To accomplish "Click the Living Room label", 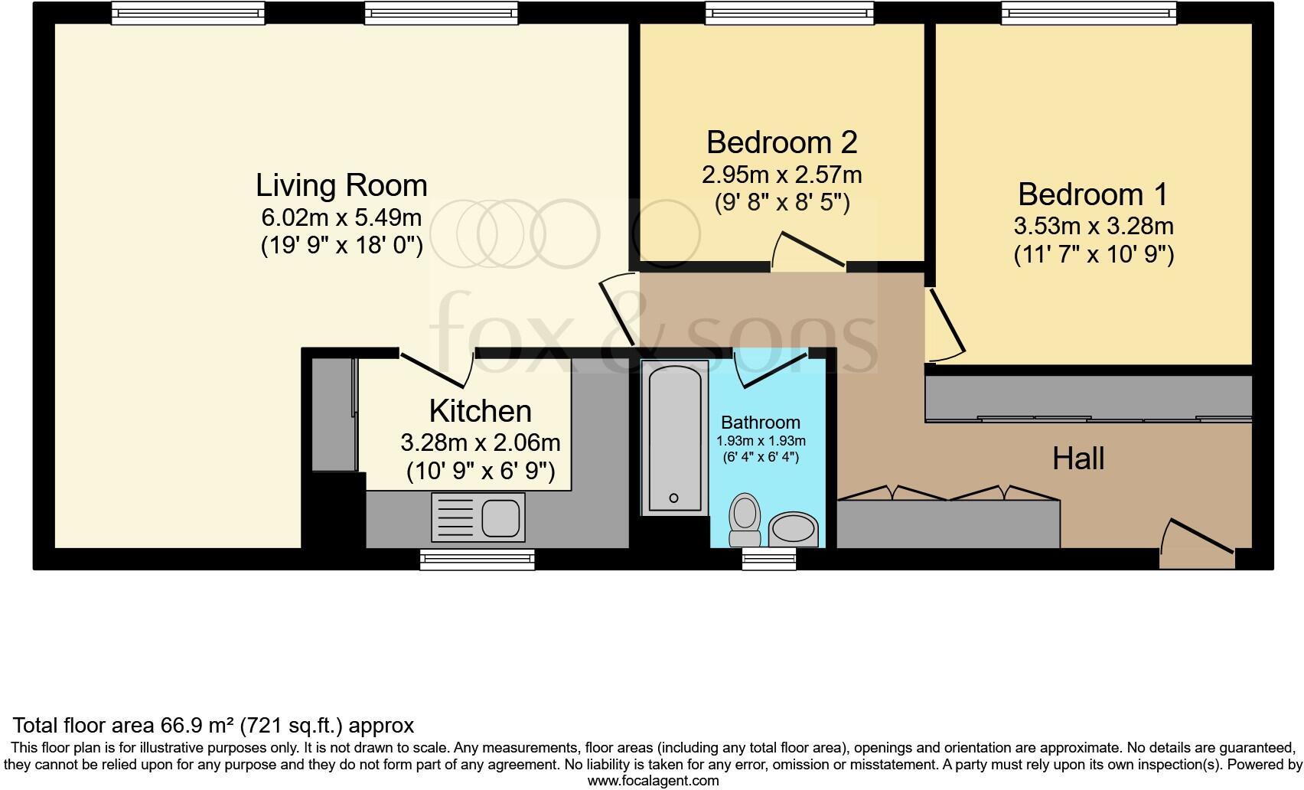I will (x=341, y=186).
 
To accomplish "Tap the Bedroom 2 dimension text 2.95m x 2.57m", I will (x=781, y=175).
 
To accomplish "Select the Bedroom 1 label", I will (x=1093, y=194).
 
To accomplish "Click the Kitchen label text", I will (x=480, y=411).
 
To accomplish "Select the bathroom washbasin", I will (x=793, y=529).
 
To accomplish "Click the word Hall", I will (x=1078, y=459).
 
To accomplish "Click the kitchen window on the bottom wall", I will (x=477, y=560).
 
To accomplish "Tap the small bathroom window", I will (x=769, y=560).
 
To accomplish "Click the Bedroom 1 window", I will (x=1089, y=12).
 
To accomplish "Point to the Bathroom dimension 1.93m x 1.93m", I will (x=761, y=442).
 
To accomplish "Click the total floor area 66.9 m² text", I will (x=214, y=725).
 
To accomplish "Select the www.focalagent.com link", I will (x=653, y=782).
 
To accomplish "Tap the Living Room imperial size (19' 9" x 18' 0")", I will (x=341, y=246).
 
